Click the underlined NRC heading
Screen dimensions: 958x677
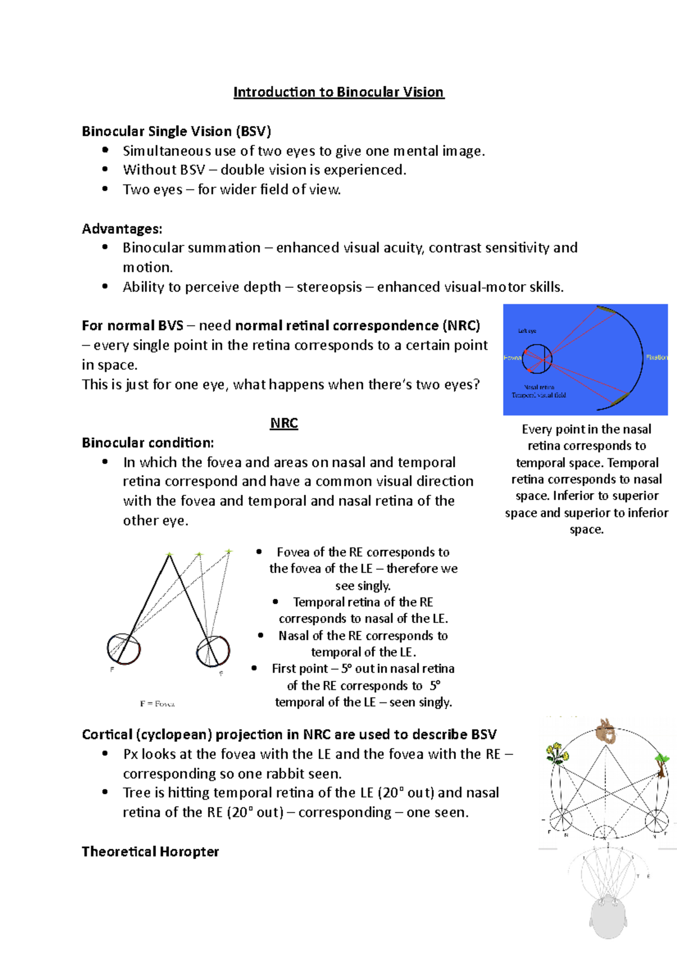(x=284, y=423)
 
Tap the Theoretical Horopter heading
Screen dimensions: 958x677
(x=150, y=851)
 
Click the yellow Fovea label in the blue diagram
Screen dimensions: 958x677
(x=512, y=358)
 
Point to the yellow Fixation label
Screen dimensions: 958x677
(x=656, y=357)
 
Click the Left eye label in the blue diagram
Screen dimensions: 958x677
(x=527, y=331)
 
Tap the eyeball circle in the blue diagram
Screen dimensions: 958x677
(x=537, y=359)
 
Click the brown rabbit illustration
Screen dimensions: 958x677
(x=606, y=731)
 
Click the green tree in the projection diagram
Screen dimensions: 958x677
(x=661, y=762)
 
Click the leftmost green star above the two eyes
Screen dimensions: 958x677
(x=169, y=555)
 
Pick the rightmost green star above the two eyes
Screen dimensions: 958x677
(x=228, y=551)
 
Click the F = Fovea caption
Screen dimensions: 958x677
(x=157, y=704)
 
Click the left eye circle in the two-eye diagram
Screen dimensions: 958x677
(x=124, y=649)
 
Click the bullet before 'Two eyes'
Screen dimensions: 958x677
(x=105, y=189)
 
